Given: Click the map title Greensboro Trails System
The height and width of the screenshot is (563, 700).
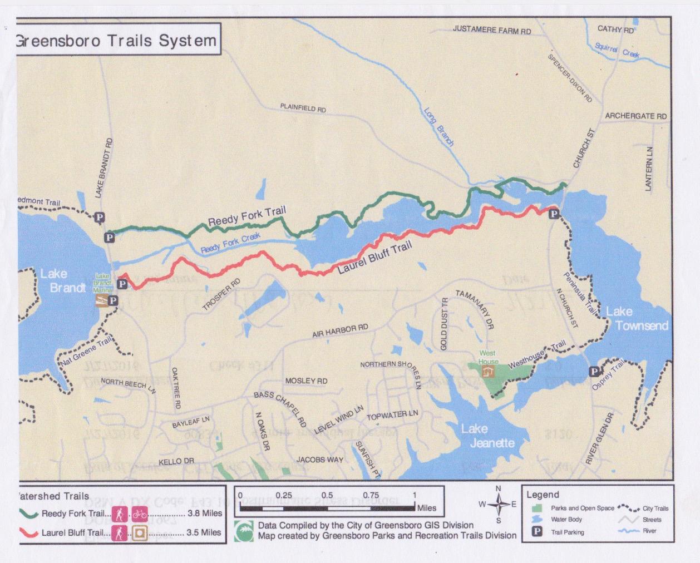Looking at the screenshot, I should point(115,41).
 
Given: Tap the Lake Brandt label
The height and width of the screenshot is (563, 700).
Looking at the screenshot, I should point(61,280).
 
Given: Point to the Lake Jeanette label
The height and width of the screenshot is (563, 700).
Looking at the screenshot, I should point(485,436).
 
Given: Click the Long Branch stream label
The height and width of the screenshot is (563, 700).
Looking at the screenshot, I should point(439,127).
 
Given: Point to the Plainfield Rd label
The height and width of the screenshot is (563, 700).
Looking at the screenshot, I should point(303,108).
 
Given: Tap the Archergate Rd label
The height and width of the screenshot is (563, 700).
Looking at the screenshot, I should point(635,116).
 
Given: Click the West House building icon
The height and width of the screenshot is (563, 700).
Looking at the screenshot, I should point(487,372).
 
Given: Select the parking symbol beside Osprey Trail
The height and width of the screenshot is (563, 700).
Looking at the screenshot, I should point(594,372).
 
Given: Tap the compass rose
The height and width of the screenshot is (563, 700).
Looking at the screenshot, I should point(498,505).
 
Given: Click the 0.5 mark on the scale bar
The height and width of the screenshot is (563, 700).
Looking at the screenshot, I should point(327,495).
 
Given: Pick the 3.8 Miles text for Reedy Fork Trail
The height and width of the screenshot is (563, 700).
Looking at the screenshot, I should point(205,513).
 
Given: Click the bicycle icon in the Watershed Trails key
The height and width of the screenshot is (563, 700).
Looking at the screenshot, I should point(140,513).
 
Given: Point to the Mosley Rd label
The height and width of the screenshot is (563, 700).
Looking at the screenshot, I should point(306,381).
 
